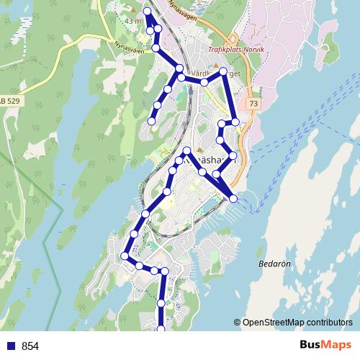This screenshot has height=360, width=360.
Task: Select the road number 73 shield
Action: pyautogui.click(x=253, y=104)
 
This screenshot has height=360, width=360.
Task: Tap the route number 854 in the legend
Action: pyautogui.click(x=30, y=346)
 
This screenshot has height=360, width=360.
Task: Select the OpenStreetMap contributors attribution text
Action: pyautogui.click(x=297, y=323)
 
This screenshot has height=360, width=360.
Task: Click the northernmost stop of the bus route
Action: pyautogui.click(x=148, y=11)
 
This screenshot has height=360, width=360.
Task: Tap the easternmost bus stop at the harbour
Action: pyautogui.click(x=233, y=198)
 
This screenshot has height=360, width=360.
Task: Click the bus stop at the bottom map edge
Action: pyautogui.click(x=161, y=329)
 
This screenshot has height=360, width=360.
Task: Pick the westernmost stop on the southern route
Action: pyautogui.click(x=125, y=256)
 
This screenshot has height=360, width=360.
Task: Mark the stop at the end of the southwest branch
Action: pyautogui.click(x=151, y=121)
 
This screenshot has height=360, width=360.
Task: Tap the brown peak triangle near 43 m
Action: pyautogui.click(x=135, y=10)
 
